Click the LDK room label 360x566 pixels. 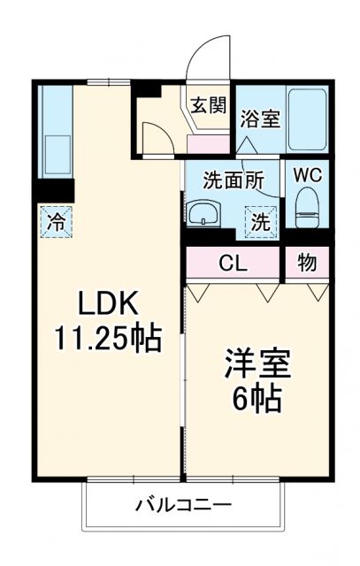point(105,305)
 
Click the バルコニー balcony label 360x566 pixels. point(183,506)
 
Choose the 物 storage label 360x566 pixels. point(305,262)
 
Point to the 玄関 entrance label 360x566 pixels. point(209,103)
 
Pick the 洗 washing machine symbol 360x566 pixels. point(261,222)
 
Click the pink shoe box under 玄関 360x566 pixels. point(209,141)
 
